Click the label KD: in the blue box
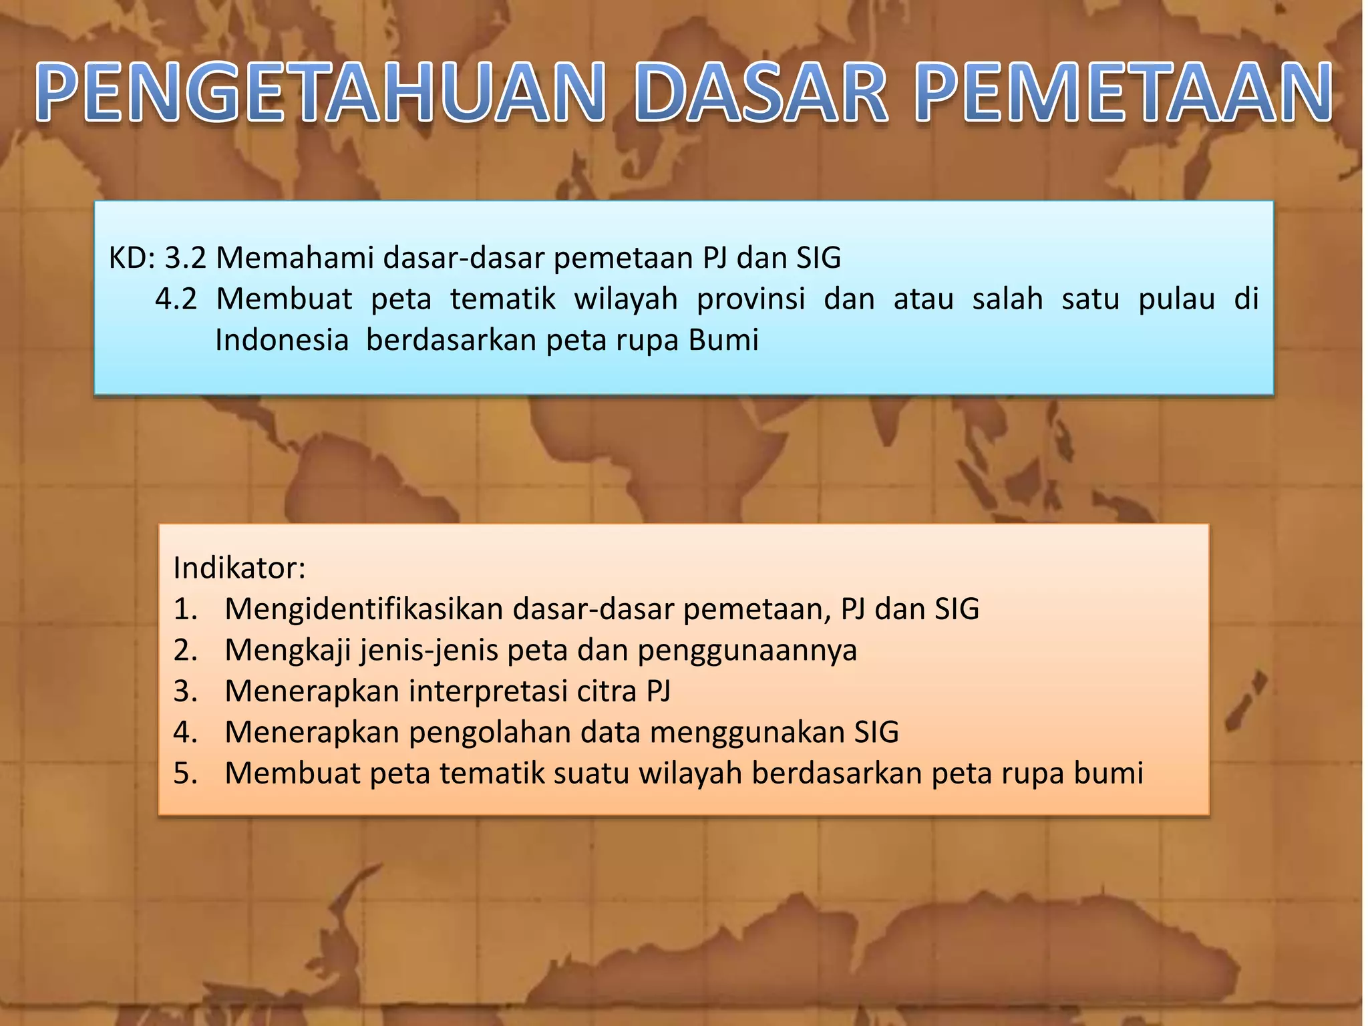coord(132,258)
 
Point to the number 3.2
coord(185,258)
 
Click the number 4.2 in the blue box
coord(176,299)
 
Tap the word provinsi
coord(751,299)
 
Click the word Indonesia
coord(282,340)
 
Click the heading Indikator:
coord(239,568)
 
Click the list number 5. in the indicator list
coord(186,774)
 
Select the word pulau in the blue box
coord(1176,299)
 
